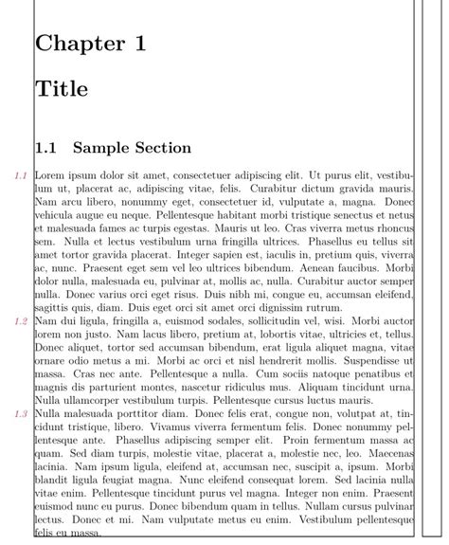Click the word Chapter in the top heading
(79, 45)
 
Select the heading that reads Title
(62, 90)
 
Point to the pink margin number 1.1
(19, 175)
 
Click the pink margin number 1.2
(19, 321)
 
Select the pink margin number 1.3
(19, 414)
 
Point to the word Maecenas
(388, 454)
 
